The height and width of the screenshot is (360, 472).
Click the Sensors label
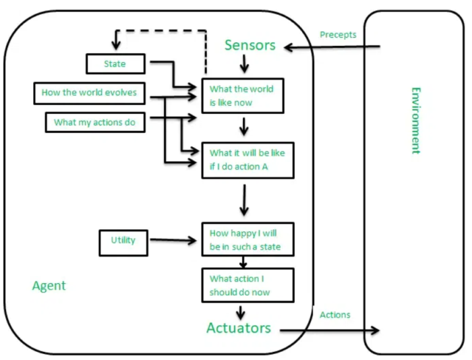(x=250, y=45)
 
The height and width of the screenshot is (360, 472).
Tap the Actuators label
(x=239, y=328)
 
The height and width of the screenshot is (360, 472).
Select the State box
(x=115, y=64)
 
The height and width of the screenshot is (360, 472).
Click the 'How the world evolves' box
(x=89, y=93)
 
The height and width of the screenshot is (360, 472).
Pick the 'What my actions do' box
(x=95, y=122)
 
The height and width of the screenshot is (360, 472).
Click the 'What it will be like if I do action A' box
(x=247, y=160)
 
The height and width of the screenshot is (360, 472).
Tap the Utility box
(x=123, y=240)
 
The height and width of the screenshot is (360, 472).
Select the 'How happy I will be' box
(x=247, y=240)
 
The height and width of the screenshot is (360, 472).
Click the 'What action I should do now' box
(x=247, y=285)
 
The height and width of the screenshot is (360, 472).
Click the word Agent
(x=49, y=285)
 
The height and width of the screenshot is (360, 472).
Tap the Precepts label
(x=338, y=34)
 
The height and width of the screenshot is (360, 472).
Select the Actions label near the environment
(x=335, y=315)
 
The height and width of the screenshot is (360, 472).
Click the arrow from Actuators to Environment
(x=330, y=330)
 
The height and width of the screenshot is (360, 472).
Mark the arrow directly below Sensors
(x=245, y=64)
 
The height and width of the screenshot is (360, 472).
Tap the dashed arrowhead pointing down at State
(x=115, y=44)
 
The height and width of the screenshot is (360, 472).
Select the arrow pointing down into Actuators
(x=240, y=311)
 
